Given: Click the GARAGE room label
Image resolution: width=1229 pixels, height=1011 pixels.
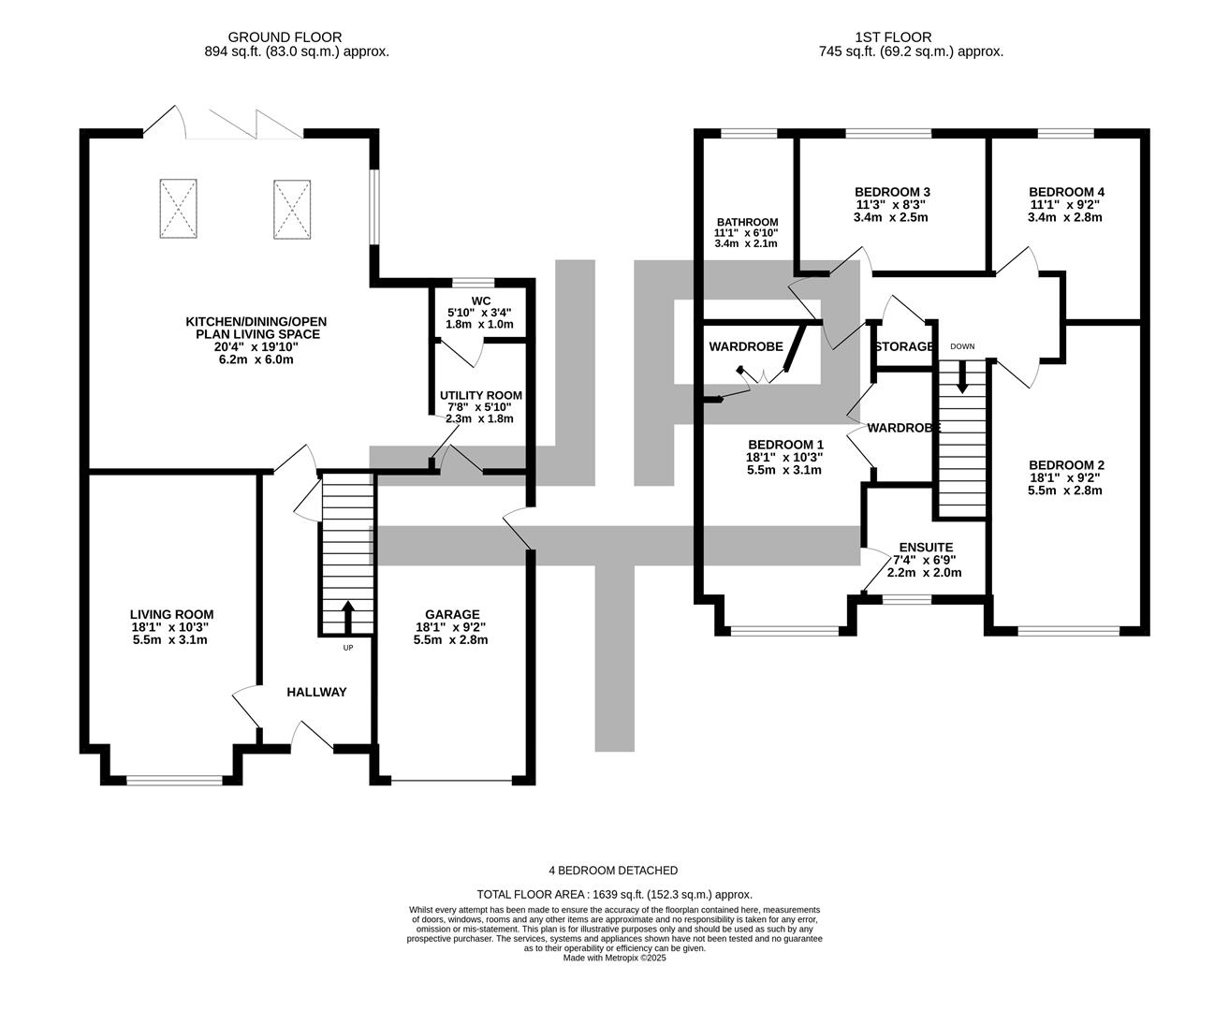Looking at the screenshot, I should [452, 614].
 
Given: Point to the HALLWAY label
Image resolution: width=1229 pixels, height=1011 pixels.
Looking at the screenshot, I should [316, 692].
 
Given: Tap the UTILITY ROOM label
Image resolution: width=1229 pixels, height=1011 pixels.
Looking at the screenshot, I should [481, 396].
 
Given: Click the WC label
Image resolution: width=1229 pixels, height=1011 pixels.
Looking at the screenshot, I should [481, 300].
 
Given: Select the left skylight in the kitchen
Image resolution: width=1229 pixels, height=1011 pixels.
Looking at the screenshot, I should [179, 210].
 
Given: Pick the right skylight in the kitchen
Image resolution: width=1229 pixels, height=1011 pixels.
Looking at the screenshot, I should [291, 210].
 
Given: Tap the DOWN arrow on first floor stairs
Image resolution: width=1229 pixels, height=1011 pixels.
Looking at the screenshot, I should [962, 378].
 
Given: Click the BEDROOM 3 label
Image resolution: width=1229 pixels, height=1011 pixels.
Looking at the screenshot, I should [879, 191].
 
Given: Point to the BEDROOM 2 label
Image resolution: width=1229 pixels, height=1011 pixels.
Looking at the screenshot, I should [1067, 465].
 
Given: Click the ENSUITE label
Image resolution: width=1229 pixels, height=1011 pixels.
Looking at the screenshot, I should [925, 548].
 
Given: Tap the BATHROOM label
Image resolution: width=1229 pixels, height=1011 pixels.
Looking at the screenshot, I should [740, 222].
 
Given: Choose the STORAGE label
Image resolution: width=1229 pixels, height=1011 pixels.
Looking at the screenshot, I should [903, 346].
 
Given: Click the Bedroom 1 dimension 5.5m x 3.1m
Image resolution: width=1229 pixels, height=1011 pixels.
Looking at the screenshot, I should [784, 470].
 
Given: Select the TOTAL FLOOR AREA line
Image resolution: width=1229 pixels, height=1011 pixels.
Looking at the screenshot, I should [614, 894].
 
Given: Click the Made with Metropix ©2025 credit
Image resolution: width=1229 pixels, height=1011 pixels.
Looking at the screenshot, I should [614, 958].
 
